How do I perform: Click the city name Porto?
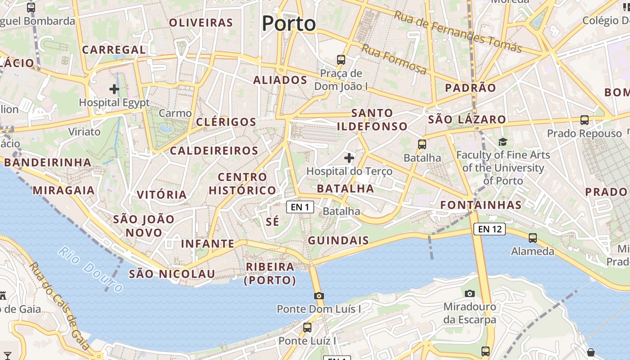288,23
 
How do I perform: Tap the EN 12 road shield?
490,229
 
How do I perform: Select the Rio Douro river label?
90,270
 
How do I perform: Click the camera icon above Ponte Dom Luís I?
319,296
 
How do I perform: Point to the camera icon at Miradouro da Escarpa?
470,293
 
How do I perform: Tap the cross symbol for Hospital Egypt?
114,89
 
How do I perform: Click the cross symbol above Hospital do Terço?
349,157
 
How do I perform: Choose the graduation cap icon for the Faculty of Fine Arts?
503,142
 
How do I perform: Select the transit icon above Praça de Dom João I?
341,59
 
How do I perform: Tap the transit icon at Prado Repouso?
585,120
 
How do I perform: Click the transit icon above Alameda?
533,238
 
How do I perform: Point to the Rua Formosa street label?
394,59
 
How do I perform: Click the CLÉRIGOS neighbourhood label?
226,122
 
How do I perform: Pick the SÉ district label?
273,221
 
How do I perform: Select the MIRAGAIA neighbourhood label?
63,190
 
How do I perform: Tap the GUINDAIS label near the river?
338,240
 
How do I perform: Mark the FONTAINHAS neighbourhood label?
481,205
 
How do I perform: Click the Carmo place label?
175,113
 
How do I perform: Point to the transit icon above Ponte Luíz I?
307,327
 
